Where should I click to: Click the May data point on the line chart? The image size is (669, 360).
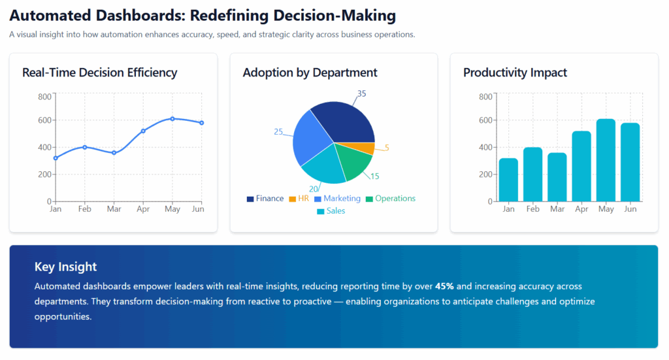(x=172, y=119)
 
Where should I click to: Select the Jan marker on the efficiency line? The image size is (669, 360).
(x=56, y=158)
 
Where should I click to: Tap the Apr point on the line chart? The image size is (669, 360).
(x=143, y=131)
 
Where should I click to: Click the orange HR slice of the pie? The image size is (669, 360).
(x=368, y=148)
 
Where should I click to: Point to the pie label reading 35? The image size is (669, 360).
(x=361, y=93)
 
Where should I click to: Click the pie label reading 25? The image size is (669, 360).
(x=278, y=132)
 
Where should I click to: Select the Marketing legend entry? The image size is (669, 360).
(x=337, y=199)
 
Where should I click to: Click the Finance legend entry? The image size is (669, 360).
(x=265, y=199)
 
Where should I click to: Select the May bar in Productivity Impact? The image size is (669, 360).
(x=606, y=160)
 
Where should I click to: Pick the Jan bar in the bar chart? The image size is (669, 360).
(x=508, y=180)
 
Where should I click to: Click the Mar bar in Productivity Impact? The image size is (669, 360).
(x=557, y=177)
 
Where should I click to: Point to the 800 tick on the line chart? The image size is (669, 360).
(x=44, y=97)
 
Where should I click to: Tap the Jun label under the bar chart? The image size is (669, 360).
(x=630, y=209)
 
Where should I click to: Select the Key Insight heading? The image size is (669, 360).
(x=65, y=267)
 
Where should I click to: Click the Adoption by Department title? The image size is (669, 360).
(x=310, y=73)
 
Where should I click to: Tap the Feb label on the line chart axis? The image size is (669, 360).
(x=85, y=209)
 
